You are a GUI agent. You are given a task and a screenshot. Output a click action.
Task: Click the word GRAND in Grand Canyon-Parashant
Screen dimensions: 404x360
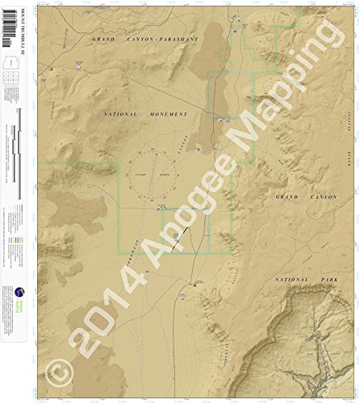[105, 39]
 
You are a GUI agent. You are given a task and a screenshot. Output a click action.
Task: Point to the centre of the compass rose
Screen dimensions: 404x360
[157, 175]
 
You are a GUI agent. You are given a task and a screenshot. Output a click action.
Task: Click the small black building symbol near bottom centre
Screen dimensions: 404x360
[195, 283]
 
